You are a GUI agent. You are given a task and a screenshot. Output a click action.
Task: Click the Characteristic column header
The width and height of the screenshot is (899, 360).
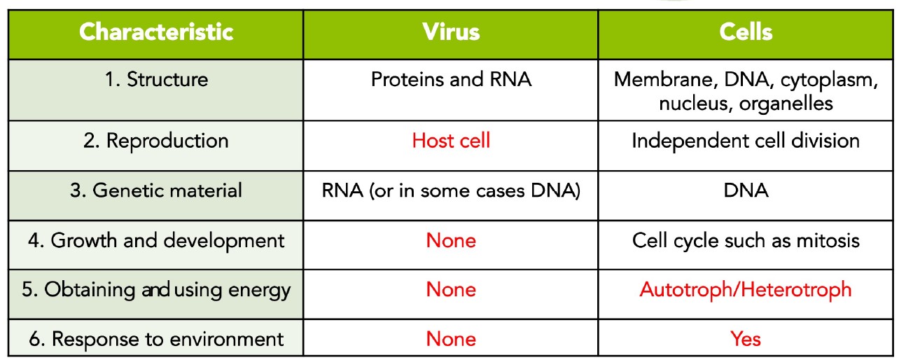(x=156, y=32)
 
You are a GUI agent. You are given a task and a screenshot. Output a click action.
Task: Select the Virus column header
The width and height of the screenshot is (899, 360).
(x=451, y=32)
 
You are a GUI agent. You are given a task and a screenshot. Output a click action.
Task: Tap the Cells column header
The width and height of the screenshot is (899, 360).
(x=746, y=32)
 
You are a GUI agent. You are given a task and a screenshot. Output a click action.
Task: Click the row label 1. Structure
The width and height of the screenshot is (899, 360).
(x=156, y=79)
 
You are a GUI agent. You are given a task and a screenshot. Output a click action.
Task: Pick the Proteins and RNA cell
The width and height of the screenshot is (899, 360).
(x=451, y=79)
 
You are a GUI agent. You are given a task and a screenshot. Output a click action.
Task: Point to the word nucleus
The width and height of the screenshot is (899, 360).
(x=691, y=104)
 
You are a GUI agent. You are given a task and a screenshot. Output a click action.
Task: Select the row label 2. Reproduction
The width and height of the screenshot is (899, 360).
(x=155, y=141)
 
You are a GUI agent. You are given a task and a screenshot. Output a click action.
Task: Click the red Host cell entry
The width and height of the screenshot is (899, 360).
(x=451, y=141)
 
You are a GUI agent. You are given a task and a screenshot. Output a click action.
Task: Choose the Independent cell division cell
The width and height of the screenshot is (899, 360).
(x=746, y=141)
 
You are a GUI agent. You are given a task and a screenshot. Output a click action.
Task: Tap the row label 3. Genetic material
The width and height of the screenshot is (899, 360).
(x=155, y=191)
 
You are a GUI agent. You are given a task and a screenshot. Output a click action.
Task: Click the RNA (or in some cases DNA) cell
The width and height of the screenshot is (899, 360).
(x=451, y=191)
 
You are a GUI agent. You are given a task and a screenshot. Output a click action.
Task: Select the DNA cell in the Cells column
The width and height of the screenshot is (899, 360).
(x=746, y=191)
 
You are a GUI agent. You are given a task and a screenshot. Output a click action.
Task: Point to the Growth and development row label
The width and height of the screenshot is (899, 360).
(x=156, y=241)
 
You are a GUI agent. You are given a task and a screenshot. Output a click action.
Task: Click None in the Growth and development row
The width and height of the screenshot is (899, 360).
(x=451, y=240)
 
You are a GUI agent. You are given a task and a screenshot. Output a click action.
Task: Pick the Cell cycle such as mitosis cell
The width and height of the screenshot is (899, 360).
(x=746, y=240)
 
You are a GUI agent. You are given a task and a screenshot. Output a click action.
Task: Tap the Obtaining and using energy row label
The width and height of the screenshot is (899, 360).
(x=156, y=290)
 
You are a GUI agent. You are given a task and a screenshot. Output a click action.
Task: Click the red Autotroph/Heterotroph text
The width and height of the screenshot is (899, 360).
(x=746, y=290)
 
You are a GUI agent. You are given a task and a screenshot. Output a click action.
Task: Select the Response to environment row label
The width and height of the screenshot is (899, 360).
(x=156, y=339)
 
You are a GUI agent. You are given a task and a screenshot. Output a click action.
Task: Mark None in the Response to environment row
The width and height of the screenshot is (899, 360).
(x=451, y=339)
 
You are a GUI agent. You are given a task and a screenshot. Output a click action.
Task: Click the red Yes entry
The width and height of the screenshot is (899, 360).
(x=746, y=339)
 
